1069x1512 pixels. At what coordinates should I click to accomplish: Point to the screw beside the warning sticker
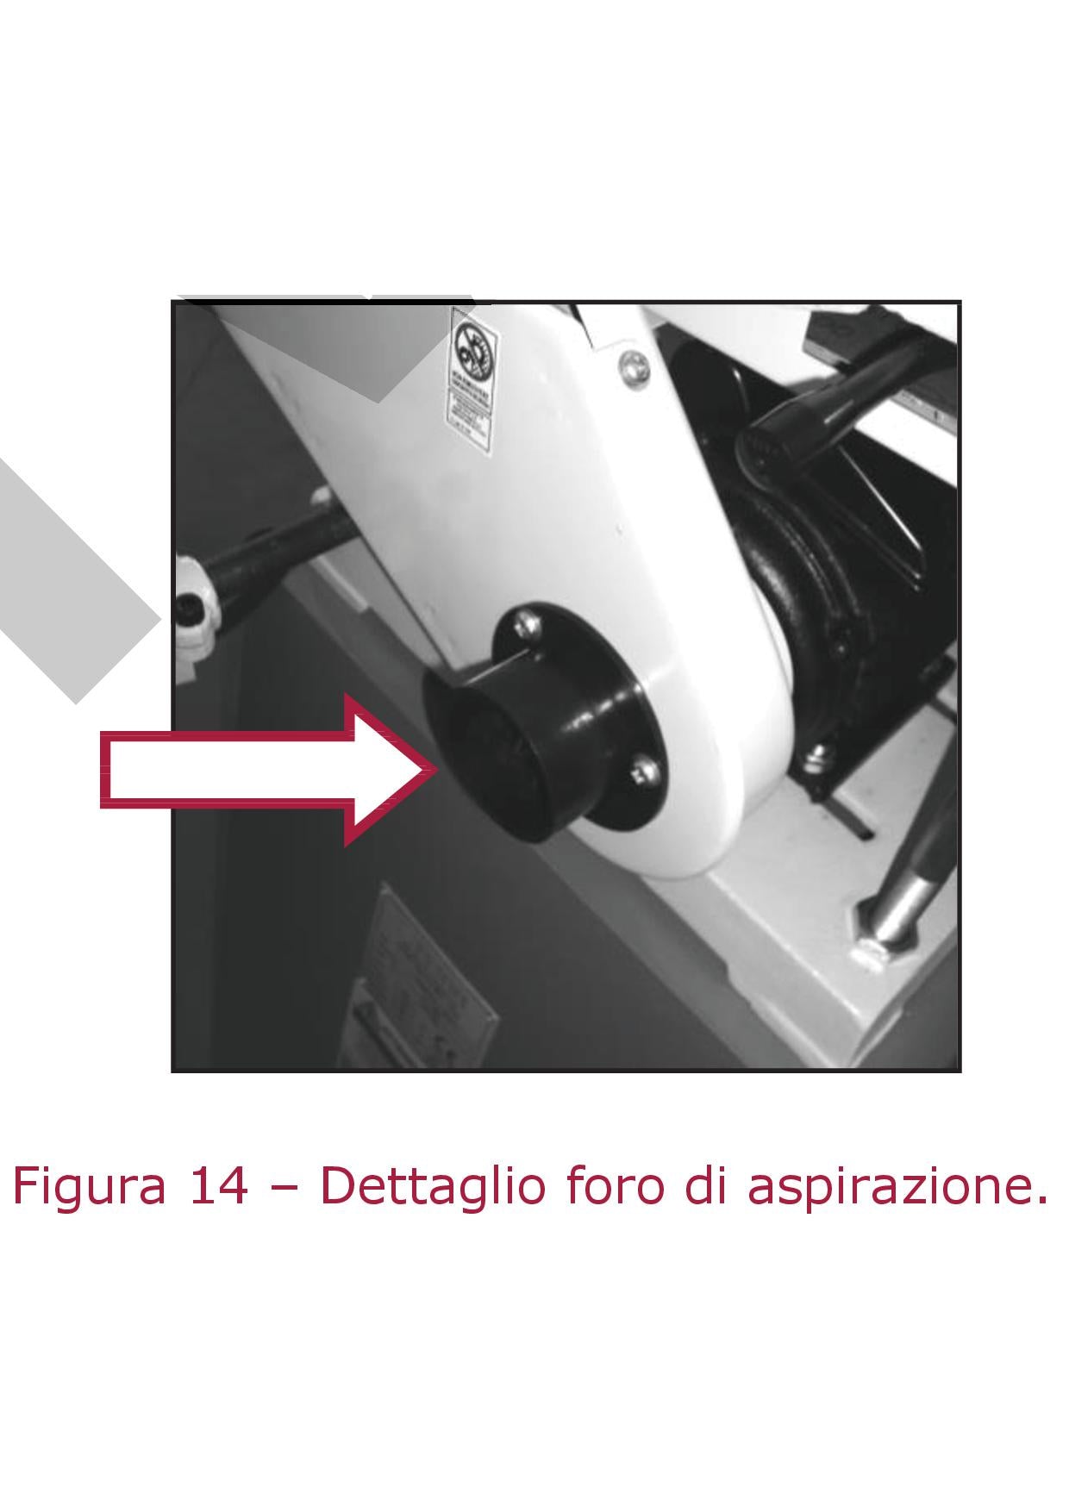(x=632, y=368)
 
